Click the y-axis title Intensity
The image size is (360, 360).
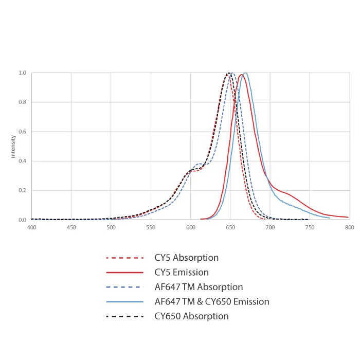(13, 147)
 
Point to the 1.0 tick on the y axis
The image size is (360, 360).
(23, 73)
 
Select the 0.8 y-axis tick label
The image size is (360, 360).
(23, 102)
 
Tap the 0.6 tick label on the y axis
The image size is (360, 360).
(23, 132)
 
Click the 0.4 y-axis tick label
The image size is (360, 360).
(23, 161)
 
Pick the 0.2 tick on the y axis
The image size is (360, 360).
(23, 190)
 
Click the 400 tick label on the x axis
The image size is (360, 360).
(31, 227)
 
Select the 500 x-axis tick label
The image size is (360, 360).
(111, 227)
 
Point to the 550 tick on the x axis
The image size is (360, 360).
(151, 227)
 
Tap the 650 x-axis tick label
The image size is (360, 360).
(230, 227)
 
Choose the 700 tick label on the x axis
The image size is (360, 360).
(270, 227)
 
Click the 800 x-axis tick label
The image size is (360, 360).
(350, 227)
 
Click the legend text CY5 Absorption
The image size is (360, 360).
(186, 258)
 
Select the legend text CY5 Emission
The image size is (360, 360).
(182, 272)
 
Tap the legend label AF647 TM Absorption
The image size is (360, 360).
(199, 287)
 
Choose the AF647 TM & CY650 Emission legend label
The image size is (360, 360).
(212, 302)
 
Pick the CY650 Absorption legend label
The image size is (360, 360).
(191, 316)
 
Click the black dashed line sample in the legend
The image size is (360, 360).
(124, 316)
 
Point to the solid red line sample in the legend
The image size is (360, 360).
(124, 272)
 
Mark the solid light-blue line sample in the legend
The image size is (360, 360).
(124, 302)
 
